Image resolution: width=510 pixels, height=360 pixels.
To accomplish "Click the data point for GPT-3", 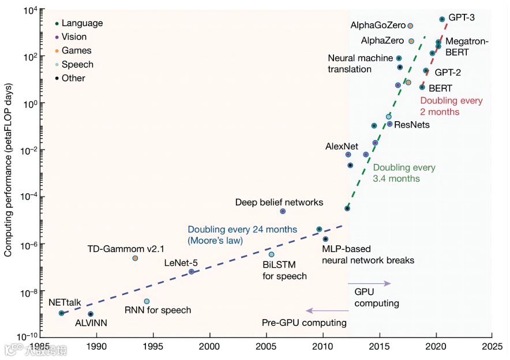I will (x=442, y=19).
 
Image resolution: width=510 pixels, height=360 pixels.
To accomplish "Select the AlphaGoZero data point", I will (x=410, y=26).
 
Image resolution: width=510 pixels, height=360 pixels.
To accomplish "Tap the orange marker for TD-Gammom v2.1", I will (x=135, y=258).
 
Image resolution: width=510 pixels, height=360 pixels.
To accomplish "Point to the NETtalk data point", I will (x=62, y=313).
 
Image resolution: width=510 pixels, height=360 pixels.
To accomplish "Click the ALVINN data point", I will (x=91, y=314).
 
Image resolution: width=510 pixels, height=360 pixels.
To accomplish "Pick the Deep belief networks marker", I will (x=283, y=211).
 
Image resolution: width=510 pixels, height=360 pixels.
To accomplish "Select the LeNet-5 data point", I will (x=192, y=271).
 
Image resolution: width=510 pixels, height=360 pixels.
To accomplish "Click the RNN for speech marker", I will (x=147, y=301).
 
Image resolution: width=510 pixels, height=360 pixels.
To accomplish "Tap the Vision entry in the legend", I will (x=73, y=37).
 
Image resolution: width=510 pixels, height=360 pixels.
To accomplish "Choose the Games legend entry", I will (x=76, y=51).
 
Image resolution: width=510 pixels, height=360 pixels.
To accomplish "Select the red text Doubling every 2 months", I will (x=451, y=106).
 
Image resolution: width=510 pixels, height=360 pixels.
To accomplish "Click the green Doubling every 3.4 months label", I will (x=404, y=173).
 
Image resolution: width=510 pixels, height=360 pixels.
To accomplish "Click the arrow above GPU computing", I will (x=369, y=283).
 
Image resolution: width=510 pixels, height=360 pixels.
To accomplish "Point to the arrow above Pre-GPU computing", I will (x=327, y=310).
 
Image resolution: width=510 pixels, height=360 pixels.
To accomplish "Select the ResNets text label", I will (x=411, y=125).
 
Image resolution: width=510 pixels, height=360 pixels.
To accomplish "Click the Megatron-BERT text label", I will (x=466, y=47).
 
